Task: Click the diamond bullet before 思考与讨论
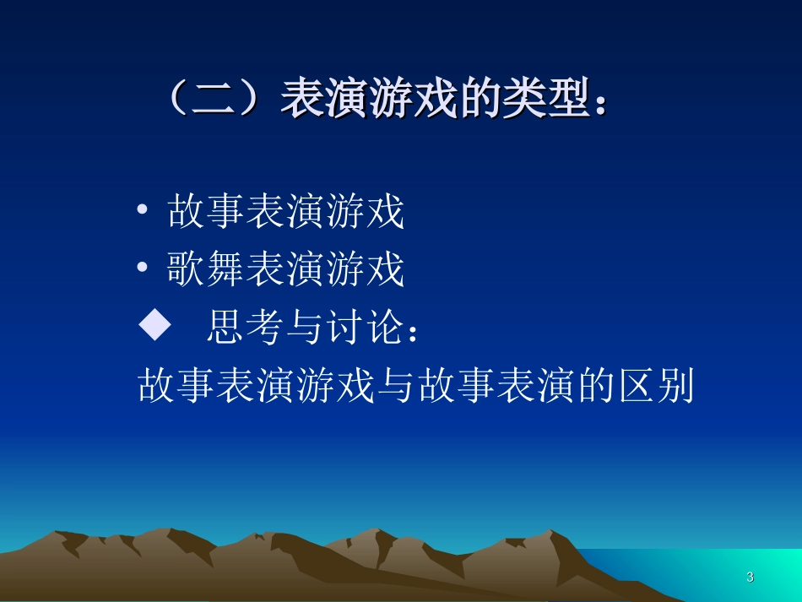pos(154,328)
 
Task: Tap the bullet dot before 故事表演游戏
pos(144,211)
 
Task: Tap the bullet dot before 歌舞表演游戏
pos(144,268)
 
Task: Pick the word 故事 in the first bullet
pos(207,211)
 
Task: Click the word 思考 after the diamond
pos(245,328)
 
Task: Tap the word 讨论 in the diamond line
pos(364,328)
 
